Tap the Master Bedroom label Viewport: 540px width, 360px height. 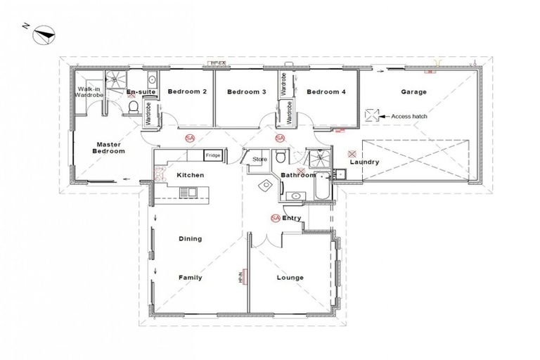[110, 148]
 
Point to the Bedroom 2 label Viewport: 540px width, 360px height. [187, 92]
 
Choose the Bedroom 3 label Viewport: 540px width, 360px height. [246, 92]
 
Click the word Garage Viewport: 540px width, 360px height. [413, 92]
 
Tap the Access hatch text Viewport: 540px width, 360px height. [409, 116]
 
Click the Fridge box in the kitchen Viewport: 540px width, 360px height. [212, 155]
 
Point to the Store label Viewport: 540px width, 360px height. [259, 160]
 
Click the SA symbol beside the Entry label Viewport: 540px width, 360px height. [274, 218]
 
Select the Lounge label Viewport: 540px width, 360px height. [290, 278]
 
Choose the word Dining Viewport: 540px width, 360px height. [190, 238]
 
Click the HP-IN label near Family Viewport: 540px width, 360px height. [239, 278]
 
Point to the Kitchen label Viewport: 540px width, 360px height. [190, 174]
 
